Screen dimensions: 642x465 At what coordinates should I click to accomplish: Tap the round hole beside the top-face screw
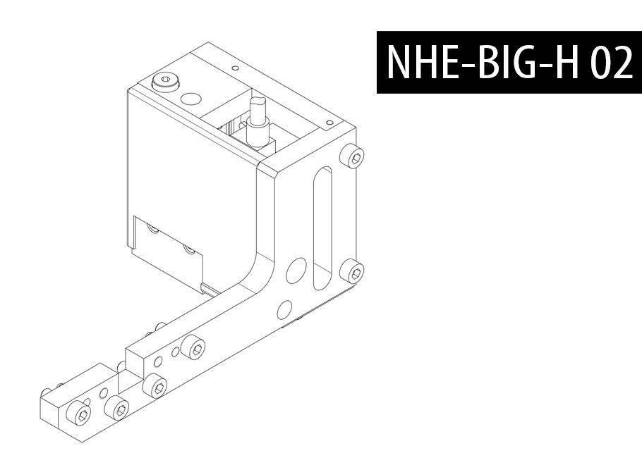pyautogui.click(x=190, y=99)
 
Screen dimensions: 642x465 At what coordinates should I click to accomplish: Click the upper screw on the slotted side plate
pyautogui.click(x=353, y=156)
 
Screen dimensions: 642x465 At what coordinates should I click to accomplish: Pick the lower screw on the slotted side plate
pyautogui.click(x=352, y=271)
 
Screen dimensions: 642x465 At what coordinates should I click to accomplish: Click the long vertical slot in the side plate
pyautogui.click(x=322, y=228)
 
